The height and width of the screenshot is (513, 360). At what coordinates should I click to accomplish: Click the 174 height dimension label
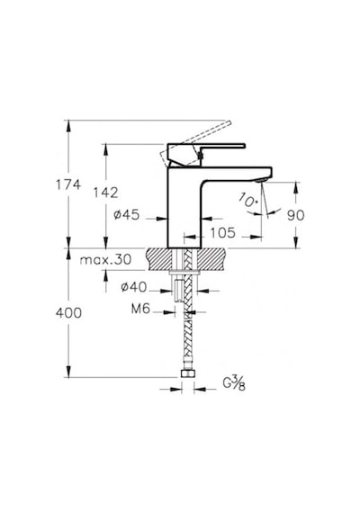[x=68, y=184]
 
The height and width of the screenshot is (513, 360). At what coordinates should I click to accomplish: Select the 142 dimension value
[x=105, y=193]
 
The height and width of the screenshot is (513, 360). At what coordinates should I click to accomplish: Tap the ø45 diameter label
[x=127, y=215]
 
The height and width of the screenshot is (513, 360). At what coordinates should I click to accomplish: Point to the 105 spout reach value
[x=222, y=233]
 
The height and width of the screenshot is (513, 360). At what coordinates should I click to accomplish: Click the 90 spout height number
[x=295, y=215]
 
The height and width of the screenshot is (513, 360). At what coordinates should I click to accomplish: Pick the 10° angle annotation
[x=247, y=200]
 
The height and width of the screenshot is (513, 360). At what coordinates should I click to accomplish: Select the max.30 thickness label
[x=105, y=260]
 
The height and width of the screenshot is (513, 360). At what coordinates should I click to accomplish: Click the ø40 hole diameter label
[x=134, y=287]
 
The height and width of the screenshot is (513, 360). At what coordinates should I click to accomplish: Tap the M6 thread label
[x=140, y=309]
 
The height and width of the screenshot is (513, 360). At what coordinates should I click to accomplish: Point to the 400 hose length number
[x=68, y=313]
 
